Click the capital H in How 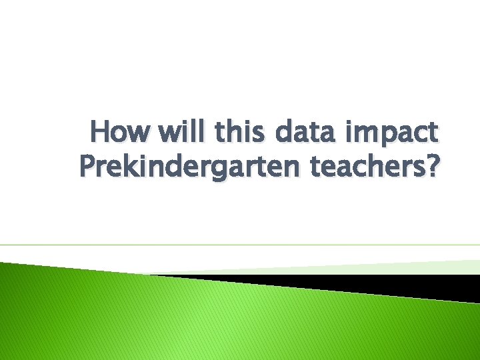pos(100,132)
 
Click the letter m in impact pos(365,133)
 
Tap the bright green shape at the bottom pos(200,320)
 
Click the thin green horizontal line pos(240,245)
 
